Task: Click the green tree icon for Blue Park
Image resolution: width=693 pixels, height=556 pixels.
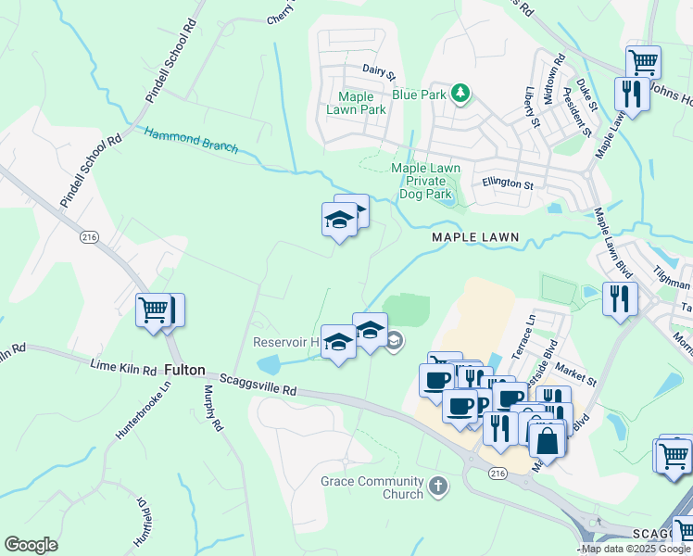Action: click(x=460, y=94)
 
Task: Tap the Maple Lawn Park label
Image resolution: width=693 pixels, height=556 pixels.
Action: click(x=356, y=103)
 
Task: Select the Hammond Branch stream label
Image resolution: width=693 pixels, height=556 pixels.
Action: click(x=191, y=141)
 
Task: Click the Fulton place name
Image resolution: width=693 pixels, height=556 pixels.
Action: click(x=185, y=369)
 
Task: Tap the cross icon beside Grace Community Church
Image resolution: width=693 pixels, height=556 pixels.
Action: click(x=438, y=485)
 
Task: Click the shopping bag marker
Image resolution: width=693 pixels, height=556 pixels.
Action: click(x=548, y=442)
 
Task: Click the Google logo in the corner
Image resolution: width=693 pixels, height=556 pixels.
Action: click(x=31, y=545)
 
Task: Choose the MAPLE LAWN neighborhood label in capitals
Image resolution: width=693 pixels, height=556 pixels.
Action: click(x=473, y=238)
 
